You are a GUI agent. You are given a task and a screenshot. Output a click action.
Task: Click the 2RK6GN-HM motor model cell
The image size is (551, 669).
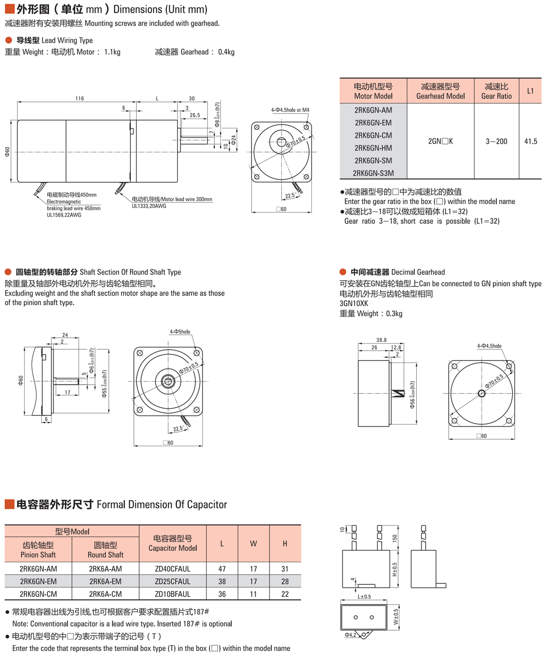click(x=373, y=148)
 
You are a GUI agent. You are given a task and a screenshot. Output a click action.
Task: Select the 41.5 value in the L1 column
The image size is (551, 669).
click(x=530, y=141)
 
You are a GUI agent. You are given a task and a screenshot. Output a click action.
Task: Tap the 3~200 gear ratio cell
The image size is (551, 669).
click(x=496, y=141)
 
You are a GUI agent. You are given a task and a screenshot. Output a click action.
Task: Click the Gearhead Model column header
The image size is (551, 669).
click(x=440, y=91)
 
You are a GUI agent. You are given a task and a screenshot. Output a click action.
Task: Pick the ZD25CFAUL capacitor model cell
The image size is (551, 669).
click(x=172, y=581)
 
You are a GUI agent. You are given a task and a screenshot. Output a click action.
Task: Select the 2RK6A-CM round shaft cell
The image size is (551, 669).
click(x=105, y=594)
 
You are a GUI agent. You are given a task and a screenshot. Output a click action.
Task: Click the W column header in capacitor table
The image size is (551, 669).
click(x=253, y=544)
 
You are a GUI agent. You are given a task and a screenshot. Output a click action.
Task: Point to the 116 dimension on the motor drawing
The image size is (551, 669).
click(x=80, y=98)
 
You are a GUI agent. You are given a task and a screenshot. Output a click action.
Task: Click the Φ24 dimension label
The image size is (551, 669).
click(x=234, y=140)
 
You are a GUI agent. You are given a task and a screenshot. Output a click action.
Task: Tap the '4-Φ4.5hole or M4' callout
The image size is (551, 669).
click(x=290, y=110)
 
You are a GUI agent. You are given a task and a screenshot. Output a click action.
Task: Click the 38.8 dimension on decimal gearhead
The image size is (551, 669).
click(x=381, y=340)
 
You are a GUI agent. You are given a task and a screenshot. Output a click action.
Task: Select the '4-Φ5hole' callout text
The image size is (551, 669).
click(x=180, y=332)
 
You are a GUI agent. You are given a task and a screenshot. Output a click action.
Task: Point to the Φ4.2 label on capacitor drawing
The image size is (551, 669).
click(x=350, y=635)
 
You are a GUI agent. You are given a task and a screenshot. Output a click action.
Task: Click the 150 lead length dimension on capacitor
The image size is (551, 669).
click(x=395, y=538)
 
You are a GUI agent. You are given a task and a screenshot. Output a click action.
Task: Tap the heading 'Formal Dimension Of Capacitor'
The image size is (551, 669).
click(x=162, y=505)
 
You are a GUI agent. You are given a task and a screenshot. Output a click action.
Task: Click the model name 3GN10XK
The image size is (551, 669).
click(x=354, y=304)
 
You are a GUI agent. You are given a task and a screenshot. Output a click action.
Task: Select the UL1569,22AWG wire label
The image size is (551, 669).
click(x=64, y=215)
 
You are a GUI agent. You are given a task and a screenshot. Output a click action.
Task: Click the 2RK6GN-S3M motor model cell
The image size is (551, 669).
click(x=373, y=173)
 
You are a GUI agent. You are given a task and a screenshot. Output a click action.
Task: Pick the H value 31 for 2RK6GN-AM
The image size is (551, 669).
click(x=285, y=569)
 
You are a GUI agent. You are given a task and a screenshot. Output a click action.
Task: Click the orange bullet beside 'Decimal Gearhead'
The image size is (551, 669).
click(x=343, y=272)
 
